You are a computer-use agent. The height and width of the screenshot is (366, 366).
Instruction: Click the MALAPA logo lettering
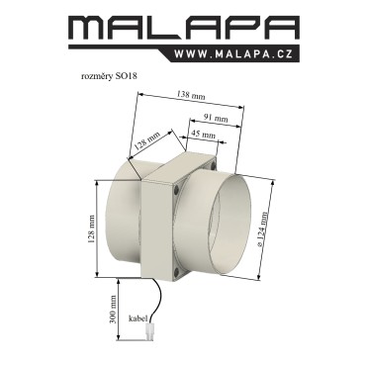pyautogui.click(x=183, y=28)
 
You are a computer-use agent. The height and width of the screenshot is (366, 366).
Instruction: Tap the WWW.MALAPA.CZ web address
pyautogui.click(x=233, y=54)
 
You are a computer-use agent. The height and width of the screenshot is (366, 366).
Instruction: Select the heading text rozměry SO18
pyautogui.click(x=109, y=76)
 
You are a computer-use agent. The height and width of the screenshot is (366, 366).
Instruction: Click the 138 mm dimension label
pyautogui.click(x=191, y=95)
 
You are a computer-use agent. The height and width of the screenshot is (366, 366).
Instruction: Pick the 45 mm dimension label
pyautogui.click(x=203, y=135)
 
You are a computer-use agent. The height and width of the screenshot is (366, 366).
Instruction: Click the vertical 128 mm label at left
pyautogui.click(x=91, y=229)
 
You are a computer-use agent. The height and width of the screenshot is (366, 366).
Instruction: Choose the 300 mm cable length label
pyautogui.click(x=114, y=309)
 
